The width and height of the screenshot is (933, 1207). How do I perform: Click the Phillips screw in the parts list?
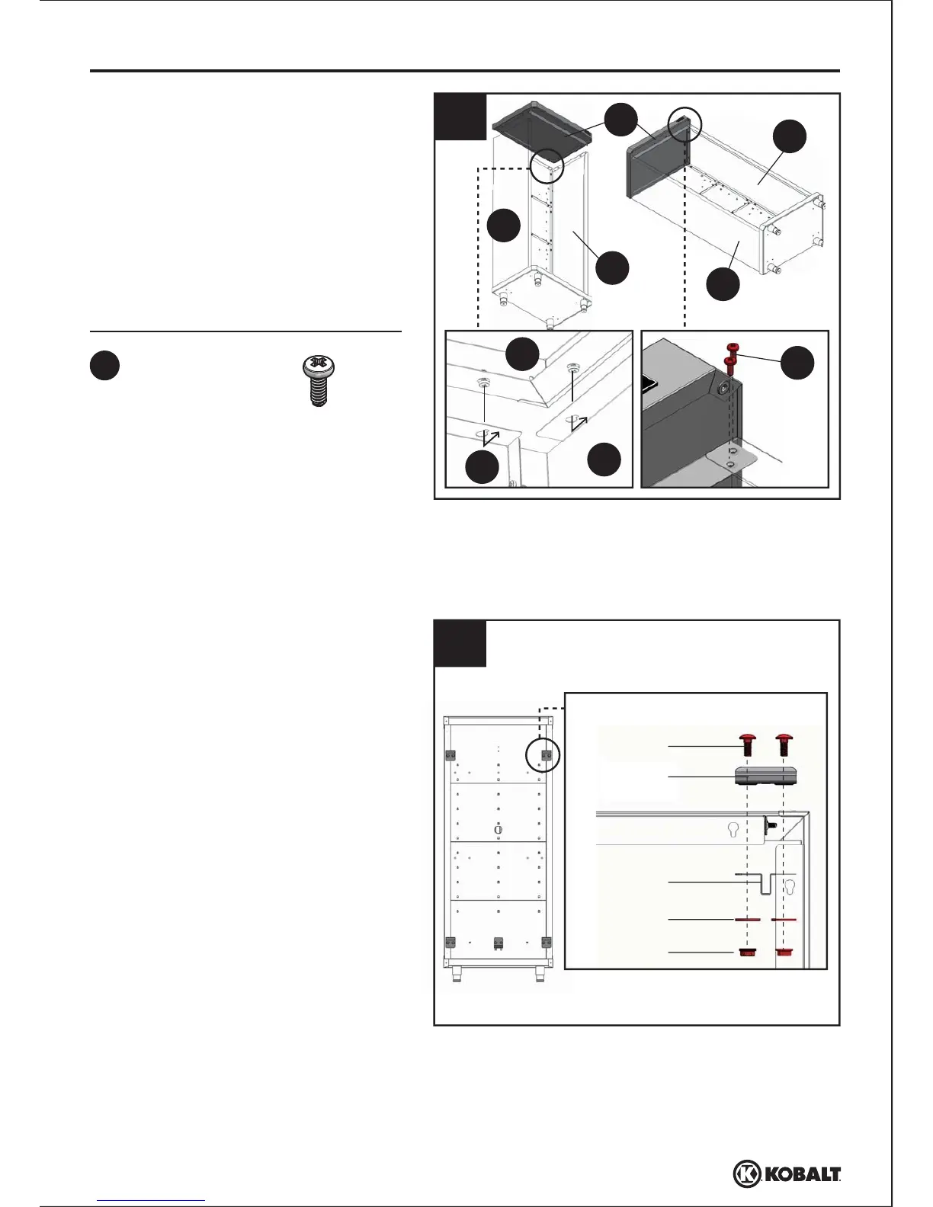tap(318, 382)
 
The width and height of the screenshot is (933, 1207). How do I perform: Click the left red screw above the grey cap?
tap(748, 744)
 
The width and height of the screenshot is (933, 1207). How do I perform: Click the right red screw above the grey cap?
tap(784, 744)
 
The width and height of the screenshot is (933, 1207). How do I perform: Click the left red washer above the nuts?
tap(748, 920)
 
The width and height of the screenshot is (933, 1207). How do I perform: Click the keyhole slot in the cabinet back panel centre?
tap(499, 829)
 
